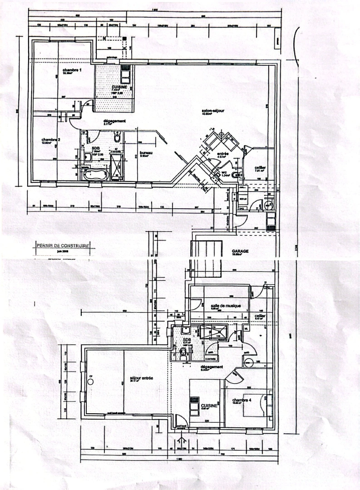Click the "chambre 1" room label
click(x=72, y=71)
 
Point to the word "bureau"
click(x=146, y=153)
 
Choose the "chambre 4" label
click(x=242, y=400)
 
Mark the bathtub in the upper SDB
click(x=94, y=175)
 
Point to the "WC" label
click(x=224, y=173)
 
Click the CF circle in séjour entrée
click(x=90, y=382)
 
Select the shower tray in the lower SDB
click(x=214, y=332)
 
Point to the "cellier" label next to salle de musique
click(x=259, y=316)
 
